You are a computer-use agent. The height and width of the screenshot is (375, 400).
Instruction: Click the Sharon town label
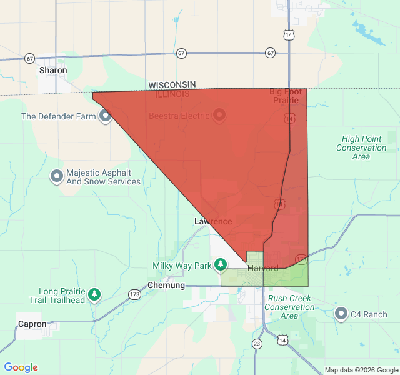coord(53,71)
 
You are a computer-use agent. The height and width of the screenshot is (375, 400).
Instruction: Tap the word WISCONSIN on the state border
coord(172,84)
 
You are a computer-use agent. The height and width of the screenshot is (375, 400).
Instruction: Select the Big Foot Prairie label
coord(286,96)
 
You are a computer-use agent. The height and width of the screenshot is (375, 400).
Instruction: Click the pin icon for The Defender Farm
coord(105,116)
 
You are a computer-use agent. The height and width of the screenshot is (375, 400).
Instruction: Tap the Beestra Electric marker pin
coord(219,115)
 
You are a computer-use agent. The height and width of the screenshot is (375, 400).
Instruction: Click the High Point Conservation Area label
coord(361,147)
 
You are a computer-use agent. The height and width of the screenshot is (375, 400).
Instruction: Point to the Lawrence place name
coord(213,222)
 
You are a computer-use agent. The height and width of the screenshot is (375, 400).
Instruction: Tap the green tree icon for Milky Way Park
coord(220,266)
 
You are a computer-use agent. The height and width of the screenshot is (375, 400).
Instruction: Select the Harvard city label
coord(263,269)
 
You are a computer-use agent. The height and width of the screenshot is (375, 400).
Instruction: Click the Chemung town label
coord(166,286)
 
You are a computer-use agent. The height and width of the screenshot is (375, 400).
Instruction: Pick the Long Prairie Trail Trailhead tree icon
coord(94,294)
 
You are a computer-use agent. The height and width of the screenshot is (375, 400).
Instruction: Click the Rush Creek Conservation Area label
coord(289,307)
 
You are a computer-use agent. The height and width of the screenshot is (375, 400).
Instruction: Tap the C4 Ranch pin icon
coord(341,314)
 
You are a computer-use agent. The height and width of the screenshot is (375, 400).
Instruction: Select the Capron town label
coord(32,324)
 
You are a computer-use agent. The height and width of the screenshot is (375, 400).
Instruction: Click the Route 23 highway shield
coord(257,344)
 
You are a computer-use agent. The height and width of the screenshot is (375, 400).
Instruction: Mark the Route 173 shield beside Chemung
coord(134,294)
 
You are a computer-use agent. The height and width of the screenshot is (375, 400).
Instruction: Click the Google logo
coord(21,367)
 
